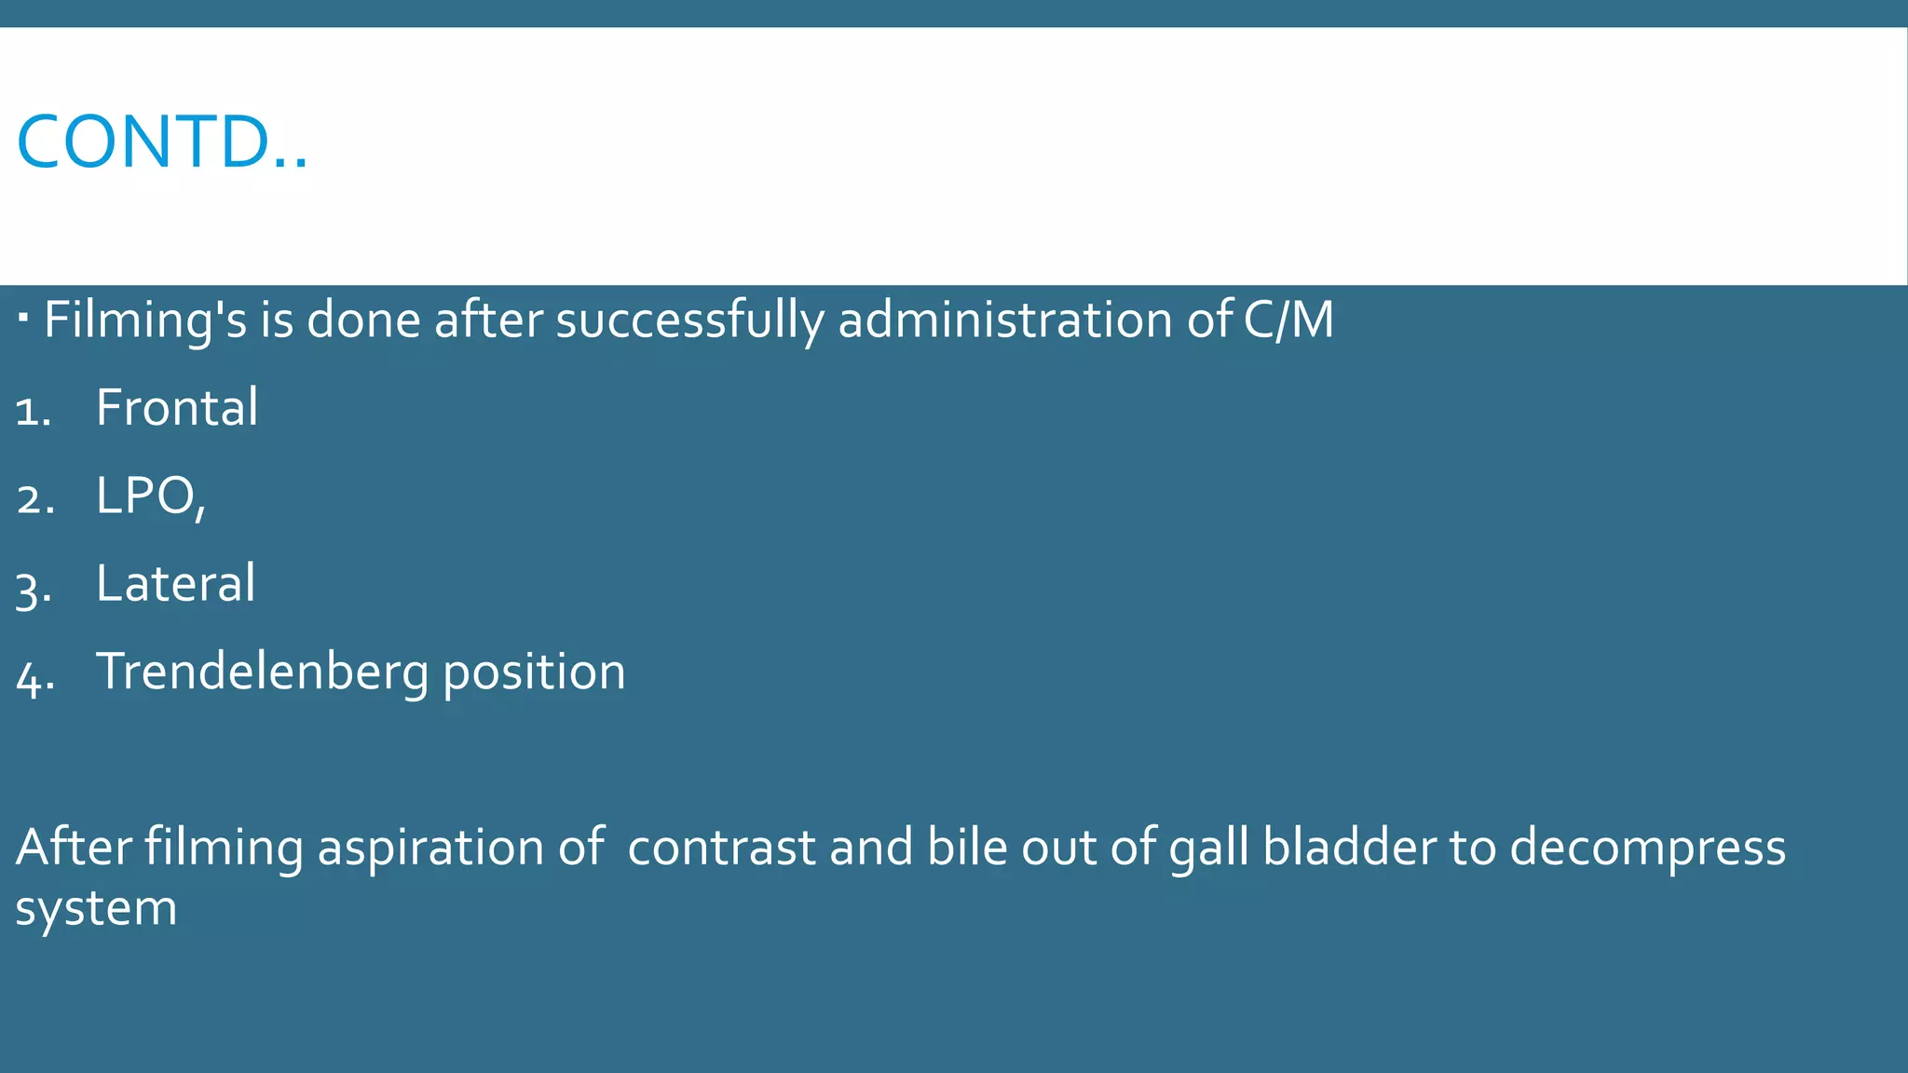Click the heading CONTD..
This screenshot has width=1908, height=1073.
tap(162, 142)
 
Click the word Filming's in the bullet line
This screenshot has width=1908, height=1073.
tap(145, 320)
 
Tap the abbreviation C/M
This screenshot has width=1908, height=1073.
tap(1288, 319)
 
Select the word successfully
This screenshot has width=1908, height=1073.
tap(689, 320)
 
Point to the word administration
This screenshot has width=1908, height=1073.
tap(1004, 319)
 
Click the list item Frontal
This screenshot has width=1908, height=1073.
tap(177, 408)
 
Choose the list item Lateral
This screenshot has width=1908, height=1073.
tap(175, 584)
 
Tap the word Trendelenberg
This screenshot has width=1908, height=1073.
tap(263, 672)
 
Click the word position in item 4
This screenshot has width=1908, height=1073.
tap(534, 672)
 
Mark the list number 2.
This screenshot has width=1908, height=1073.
tap(35, 499)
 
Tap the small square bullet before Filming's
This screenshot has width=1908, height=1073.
tap(23, 319)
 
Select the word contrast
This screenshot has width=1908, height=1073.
tap(722, 848)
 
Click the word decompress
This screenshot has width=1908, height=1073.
tap(1647, 849)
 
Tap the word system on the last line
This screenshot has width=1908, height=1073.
tap(96, 908)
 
